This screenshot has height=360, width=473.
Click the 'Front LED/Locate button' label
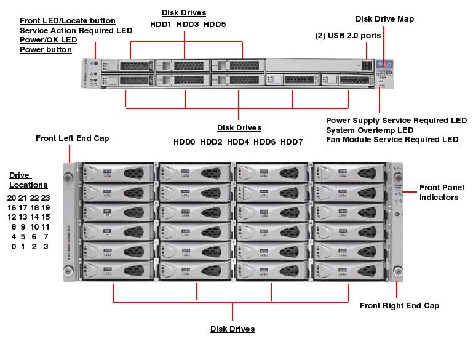pyautogui.click(x=67, y=20)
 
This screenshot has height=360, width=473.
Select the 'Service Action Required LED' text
pyautogui.click(x=76, y=30)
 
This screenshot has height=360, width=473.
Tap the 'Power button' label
pyautogui.click(x=46, y=50)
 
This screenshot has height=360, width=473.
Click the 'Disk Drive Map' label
pyautogui.click(x=384, y=19)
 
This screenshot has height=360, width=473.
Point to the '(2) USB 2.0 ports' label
pyautogui.click(x=348, y=36)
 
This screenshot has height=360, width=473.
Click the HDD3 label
pyautogui.click(x=188, y=25)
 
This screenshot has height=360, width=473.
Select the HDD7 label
pyautogui.click(x=292, y=142)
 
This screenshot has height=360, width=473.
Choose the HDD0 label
pyautogui.click(x=184, y=142)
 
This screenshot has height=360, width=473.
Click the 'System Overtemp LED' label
pyautogui.click(x=369, y=130)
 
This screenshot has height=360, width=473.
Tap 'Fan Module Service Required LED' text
pyautogui.click(x=392, y=140)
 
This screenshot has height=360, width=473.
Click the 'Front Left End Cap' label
pyautogui.click(x=72, y=138)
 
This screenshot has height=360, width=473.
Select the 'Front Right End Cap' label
pyautogui.click(x=399, y=306)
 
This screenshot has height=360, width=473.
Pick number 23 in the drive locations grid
pyautogui.click(x=45, y=198)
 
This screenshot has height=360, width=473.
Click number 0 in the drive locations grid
pyautogui.click(x=14, y=247)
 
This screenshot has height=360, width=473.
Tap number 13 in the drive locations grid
pyautogui.click(x=23, y=217)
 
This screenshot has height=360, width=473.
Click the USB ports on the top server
pyautogui.click(x=367, y=65)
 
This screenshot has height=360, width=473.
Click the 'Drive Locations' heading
pyautogui.click(x=28, y=180)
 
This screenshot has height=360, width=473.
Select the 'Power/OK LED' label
pyautogui.click(x=48, y=40)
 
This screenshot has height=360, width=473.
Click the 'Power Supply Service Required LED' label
pyautogui.click(x=396, y=120)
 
